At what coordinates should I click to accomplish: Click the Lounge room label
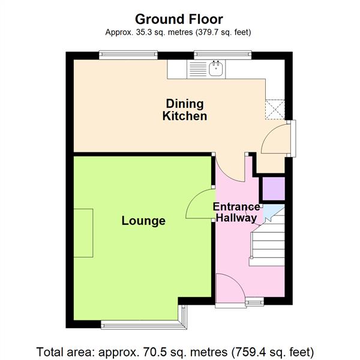pyautogui.click(x=143, y=221)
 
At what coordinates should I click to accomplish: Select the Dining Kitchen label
pyautogui.click(x=185, y=110)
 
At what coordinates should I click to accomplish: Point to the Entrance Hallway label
pyautogui.click(x=237, y=212)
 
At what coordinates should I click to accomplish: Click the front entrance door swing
pyautogui.click(x=229, y=291)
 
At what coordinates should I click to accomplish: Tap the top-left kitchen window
pyautogui.click(x=128, y=56)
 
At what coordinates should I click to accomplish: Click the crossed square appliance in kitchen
pyautogui.click(x=276, y=109)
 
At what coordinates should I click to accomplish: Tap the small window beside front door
pyautogui.click(x=254, y=302)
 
